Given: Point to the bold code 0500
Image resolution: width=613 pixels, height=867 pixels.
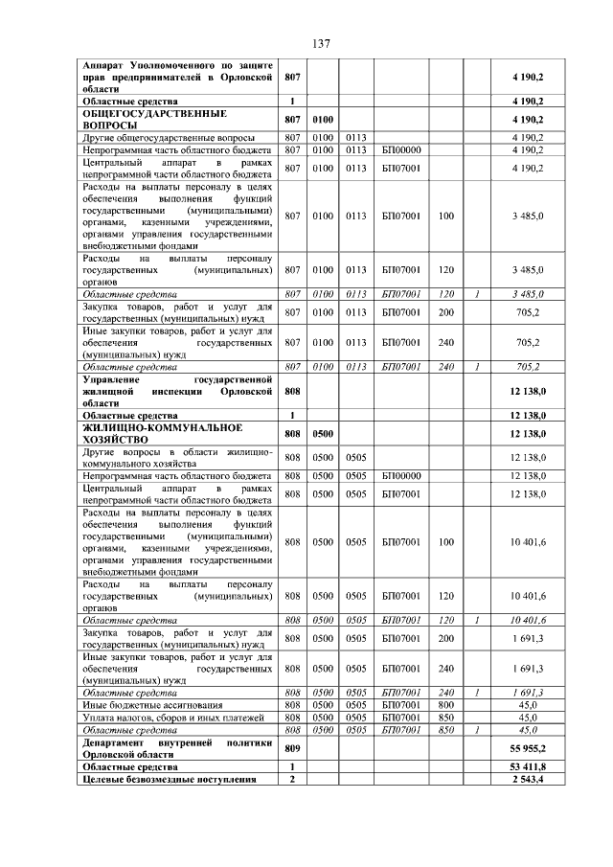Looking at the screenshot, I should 322,434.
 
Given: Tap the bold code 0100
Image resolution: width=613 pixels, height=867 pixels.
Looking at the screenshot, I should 322,120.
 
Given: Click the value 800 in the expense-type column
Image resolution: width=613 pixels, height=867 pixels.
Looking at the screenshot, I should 445,704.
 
